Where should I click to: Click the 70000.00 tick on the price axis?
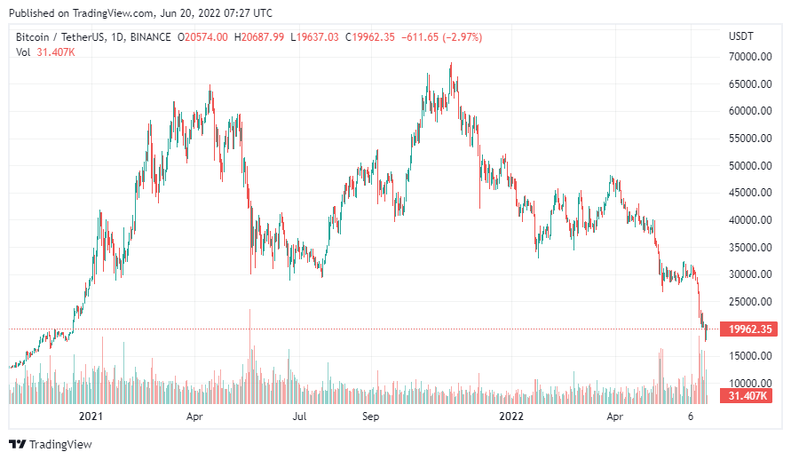click(x=745, y=57)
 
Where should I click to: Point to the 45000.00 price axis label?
click(x=745, y=193)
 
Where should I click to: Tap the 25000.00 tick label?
click(x=745, y=301)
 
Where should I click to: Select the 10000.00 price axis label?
click(x=745, y=383)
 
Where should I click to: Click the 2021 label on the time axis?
click(x=91, y=416)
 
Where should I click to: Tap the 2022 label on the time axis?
click(x=511, y=416)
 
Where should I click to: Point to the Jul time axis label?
click(x=300, y=416)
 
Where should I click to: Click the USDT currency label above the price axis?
click(x=740, y=36)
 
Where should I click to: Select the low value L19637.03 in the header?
click(x=315, y=36)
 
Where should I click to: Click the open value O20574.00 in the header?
click(x=203, y=36)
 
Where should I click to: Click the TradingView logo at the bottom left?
click(x=51, y=444)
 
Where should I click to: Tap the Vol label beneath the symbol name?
click(x=23, y=52)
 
